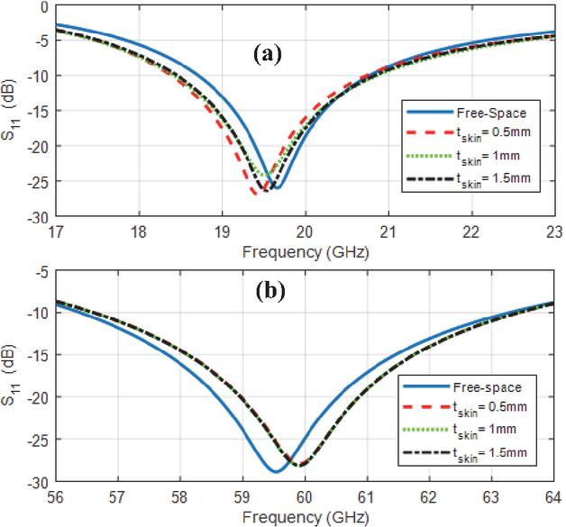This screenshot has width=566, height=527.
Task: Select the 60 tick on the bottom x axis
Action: [x=304, y=495]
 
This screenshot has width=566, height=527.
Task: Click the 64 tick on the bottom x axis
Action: [x=552, y=495]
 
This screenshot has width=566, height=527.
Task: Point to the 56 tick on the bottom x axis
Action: [x=56, y=495]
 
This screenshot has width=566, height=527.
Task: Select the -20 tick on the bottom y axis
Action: [x=35, y=397]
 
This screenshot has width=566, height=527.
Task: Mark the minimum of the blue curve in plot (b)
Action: [x=275, y=471]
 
